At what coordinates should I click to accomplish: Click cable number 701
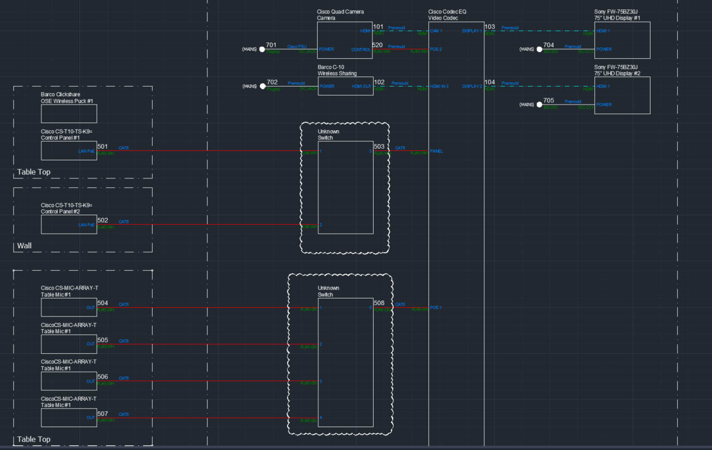coord(271,45)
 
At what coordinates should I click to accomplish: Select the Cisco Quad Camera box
coord(345,40)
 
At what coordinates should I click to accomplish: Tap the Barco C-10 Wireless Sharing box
coord(345,86)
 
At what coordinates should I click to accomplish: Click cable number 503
coord(379,146)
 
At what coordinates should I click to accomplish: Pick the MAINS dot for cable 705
coord(540,105)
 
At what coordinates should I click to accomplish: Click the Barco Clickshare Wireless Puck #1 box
coord(69,113)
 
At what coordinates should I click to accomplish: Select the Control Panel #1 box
coord(69,150)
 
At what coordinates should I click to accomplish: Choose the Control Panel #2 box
coord(69,224)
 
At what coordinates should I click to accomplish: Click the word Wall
coord(24,245)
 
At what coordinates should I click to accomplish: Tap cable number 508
coord(379,303)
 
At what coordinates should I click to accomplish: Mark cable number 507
coord(103,414)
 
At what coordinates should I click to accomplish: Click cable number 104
coord(490,82)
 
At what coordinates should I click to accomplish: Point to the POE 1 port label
coord(436,307)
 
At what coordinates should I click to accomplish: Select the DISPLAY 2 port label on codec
coord(472,87)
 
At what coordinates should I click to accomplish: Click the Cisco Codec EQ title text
coord(447,11)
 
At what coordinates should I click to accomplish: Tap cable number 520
coord(378,45)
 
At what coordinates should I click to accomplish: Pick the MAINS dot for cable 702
coord(262,87)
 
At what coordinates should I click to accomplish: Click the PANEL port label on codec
coord(436,151)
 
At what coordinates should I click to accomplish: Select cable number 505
coord(103,340)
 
